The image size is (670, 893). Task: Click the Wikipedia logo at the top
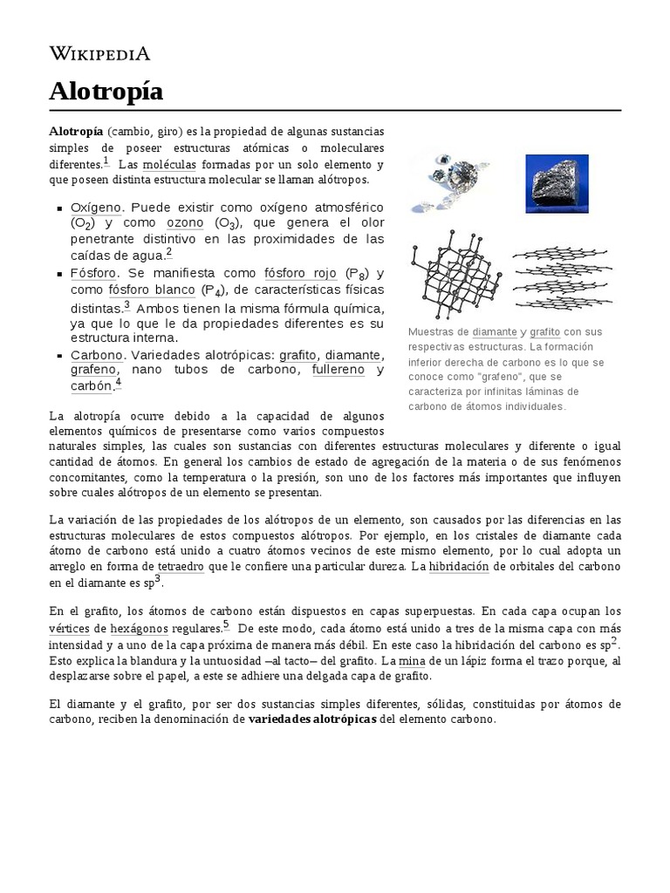[99, 54]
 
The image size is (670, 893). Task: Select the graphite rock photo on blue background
[555, 184]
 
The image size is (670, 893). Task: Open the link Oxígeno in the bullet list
[97, 208]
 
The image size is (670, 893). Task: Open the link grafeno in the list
[92, 370]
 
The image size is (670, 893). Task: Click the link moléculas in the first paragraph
[170, 164]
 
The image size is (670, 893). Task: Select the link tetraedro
[181, 567]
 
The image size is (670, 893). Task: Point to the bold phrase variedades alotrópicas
[312, 719]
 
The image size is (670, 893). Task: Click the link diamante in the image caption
[495, 332]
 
